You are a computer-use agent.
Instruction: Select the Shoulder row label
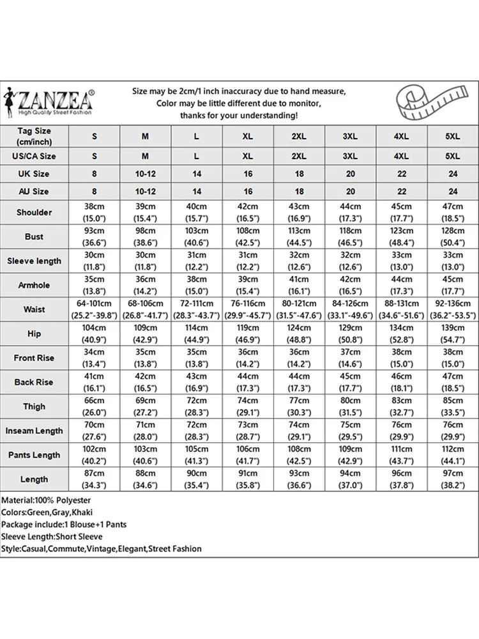click(34, 212)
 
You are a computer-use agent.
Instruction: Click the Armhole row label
click(34, 285)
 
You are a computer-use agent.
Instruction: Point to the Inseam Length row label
click(34, 431)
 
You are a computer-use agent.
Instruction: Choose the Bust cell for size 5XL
click(453, 236)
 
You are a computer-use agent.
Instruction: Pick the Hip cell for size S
click(95, 334)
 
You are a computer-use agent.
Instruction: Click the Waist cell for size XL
click(248, 309)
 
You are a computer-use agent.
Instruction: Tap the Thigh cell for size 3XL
click(350, 406)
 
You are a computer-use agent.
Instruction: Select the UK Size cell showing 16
click(248, 174)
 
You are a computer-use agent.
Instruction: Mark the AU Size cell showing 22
click(401, 191)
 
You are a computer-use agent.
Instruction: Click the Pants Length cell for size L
click(197, 455)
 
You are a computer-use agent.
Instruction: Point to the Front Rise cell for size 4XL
click(401, 358)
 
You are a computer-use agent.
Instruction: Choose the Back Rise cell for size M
click(146, 382)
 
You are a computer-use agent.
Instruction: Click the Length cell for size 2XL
click(299, 479)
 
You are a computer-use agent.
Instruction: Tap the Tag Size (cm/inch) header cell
click(34, 136)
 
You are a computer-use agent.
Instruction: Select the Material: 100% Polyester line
click(46, 500)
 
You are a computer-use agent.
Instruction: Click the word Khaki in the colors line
click(83, 512)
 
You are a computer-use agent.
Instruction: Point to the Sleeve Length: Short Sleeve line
click(52, 537)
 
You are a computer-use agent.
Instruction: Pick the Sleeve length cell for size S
click(95, 261)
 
